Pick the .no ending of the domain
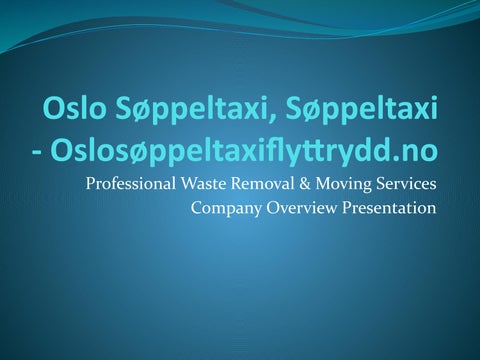click(416, 152)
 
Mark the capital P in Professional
click(91, 185)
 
